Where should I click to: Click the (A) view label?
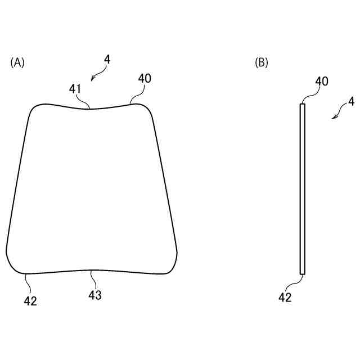point(17,62)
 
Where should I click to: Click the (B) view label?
point(262,62)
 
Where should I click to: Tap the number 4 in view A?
point(107,58)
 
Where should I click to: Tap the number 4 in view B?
point(351,102)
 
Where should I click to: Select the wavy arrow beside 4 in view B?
point(339,112)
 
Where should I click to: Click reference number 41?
point(75,88)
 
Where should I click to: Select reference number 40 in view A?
point(145,79)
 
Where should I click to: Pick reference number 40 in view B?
point(322,81)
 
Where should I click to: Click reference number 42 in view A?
point(30,301)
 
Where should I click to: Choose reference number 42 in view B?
point(285,298)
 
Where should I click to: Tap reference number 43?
point(95,294)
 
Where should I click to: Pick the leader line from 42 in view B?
point(296,282)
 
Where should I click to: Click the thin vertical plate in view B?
point(303,188)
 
